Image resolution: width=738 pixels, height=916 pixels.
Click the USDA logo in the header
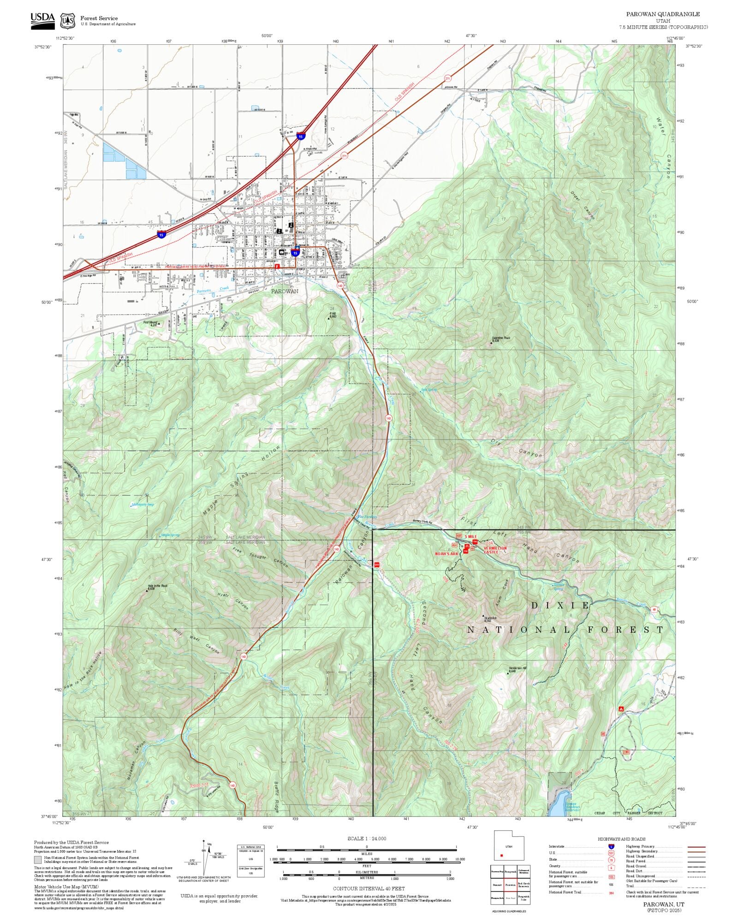point(42,21)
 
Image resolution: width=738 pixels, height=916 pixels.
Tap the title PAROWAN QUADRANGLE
point(663,14)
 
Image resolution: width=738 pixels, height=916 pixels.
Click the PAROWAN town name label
point(284,291)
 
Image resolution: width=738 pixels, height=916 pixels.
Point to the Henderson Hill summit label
point(517,668)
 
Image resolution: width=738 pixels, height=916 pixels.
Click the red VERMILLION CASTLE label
point(494,550)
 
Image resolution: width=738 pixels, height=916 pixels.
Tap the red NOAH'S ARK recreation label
point(446,553)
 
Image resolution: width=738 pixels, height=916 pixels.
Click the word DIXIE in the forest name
point(560,606)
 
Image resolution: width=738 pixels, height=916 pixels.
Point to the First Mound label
point(150,322)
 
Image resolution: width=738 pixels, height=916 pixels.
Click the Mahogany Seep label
point(143,505)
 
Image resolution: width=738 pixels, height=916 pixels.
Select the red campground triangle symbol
point(621,708)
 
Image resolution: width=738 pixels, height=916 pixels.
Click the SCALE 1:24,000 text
point(367,839)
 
